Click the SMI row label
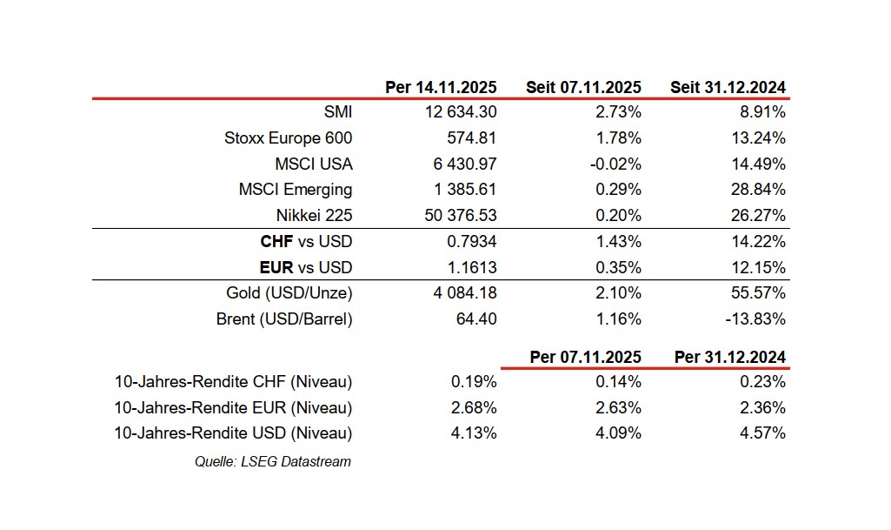(x=337, y=112)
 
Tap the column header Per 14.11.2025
(x=441, y=88)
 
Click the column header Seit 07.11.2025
(x=583, y=88)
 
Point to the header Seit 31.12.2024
(x=728, y=88)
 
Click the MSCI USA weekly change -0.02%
(x=615, y=164)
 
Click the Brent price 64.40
(x=476, y=319)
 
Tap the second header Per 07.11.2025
(x=585, y=358)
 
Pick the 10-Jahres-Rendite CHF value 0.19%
(x=474, y=381)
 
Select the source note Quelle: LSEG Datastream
(x=272, y=462)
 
